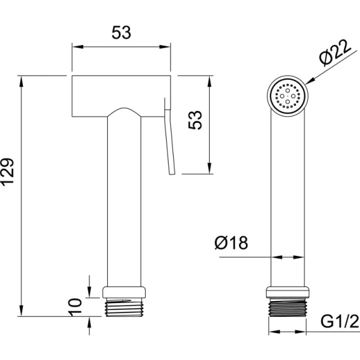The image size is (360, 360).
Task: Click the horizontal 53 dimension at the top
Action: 121,32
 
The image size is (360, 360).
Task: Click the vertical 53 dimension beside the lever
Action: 195,120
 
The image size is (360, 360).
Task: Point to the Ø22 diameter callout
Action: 335,53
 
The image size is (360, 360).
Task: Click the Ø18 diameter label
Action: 231,243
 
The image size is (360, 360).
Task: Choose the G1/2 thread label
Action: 340,321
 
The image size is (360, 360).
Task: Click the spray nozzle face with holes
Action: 288,96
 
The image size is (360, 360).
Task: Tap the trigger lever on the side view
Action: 169,136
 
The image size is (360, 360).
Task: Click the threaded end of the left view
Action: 124,307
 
